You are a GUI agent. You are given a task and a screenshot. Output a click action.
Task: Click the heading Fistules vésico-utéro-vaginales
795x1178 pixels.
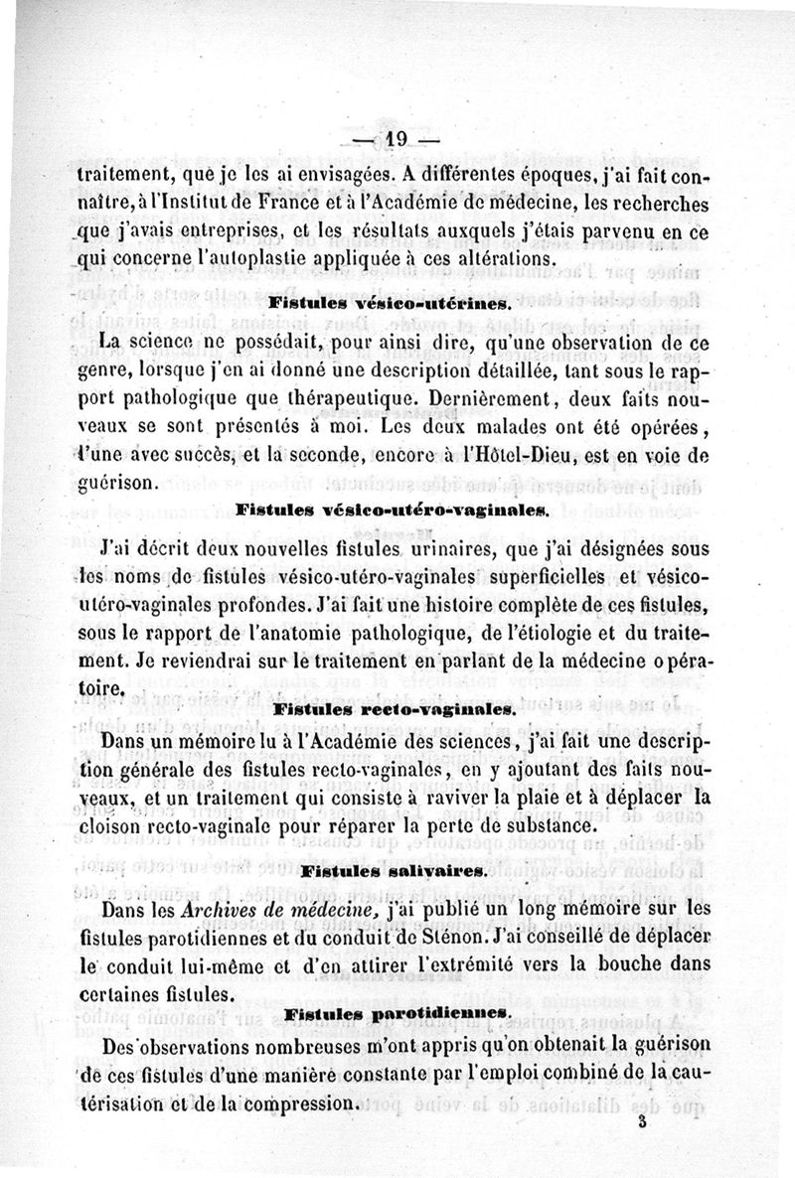[393, 512]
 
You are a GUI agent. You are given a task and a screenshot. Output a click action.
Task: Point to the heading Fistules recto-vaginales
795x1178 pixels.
[394, 711]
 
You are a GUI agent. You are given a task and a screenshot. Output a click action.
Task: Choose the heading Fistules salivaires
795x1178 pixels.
[393, 871]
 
